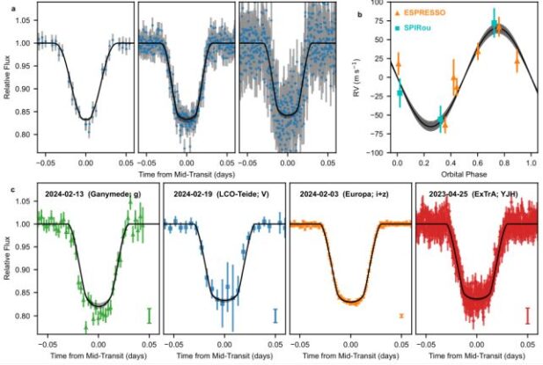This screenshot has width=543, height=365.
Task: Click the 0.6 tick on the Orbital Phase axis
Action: pos(477,161)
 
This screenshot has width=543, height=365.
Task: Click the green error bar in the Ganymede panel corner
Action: pos(150,315)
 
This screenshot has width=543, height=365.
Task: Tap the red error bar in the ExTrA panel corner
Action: pos(526,315)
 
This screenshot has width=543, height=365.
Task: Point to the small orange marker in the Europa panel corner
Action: pos(401,315)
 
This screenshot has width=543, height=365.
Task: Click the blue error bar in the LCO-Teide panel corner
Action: pos(275,315)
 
